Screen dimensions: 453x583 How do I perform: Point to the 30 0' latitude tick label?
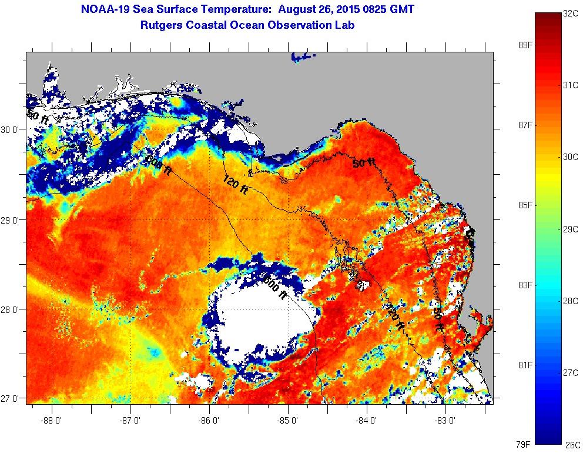[12, 129]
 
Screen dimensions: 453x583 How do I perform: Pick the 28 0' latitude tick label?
[12, 309]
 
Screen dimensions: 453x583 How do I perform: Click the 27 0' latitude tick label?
[12, 398]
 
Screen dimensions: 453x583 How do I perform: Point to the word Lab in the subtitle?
[346, 25]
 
